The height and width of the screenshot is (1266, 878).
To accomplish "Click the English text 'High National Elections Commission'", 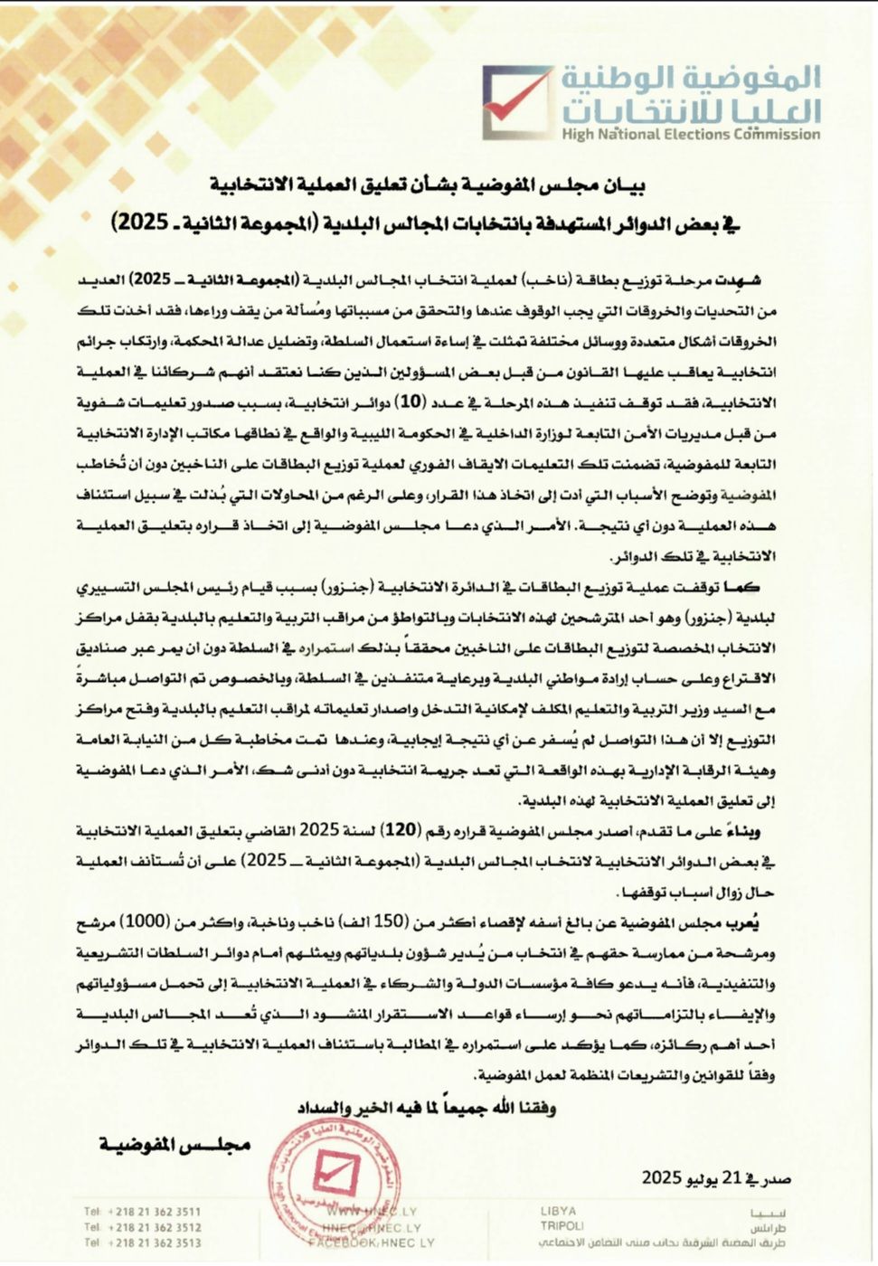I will tap(690, 135).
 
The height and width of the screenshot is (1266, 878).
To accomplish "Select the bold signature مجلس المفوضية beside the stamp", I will tap(175, 1146).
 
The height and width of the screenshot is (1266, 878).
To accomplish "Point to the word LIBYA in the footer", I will tap(558, 1211).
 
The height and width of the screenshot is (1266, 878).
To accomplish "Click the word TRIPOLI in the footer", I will tap(562, 1226).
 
